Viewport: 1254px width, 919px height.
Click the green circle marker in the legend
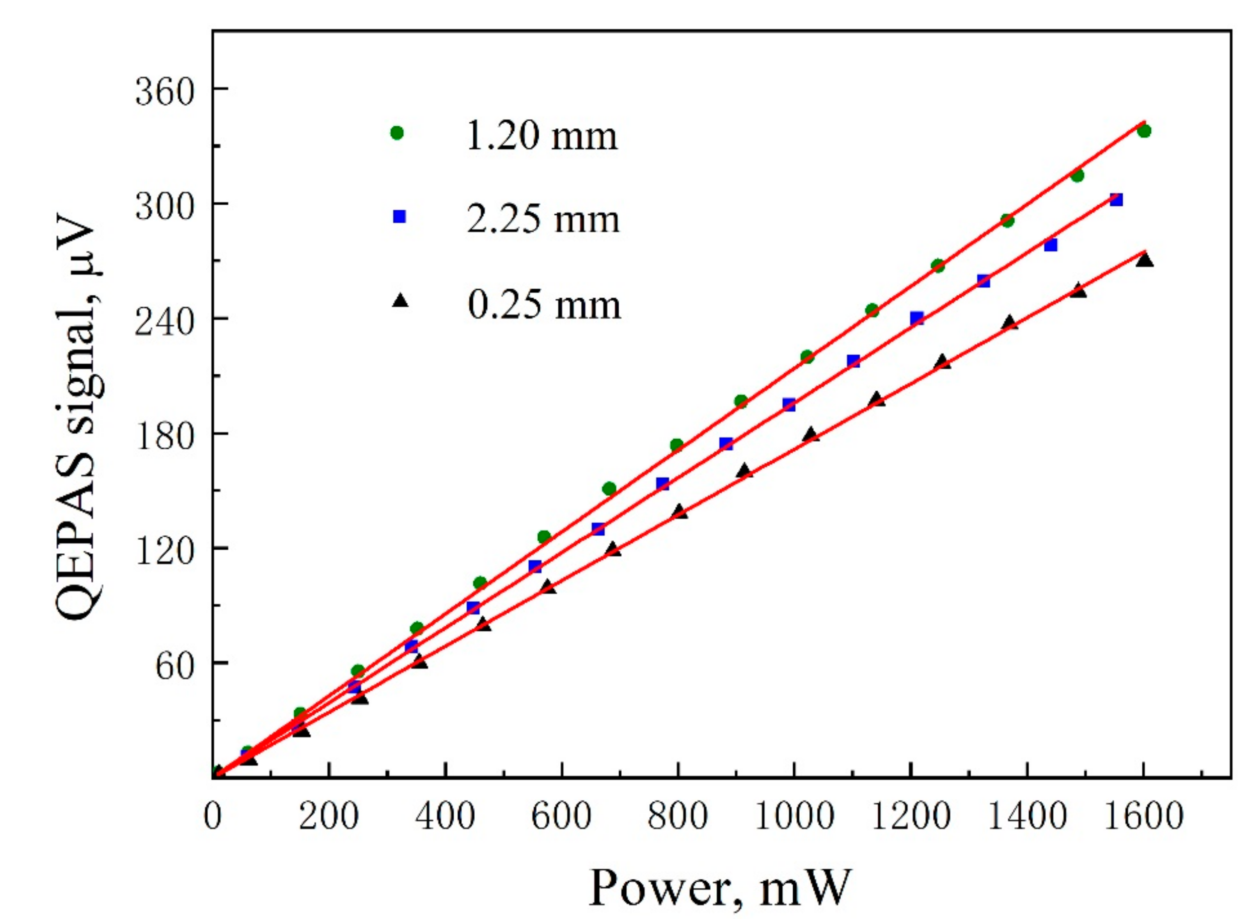coord(397,133)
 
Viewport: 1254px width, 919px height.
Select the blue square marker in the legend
coord(399,216)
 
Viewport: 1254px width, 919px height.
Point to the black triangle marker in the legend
coord(400,301)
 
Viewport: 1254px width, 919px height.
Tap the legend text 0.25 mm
coord(544,305)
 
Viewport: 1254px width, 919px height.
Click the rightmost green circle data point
coord(1144,131)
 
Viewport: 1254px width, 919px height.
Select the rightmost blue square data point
coord(1116,200)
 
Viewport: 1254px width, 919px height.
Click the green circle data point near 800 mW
coord(677,445)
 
